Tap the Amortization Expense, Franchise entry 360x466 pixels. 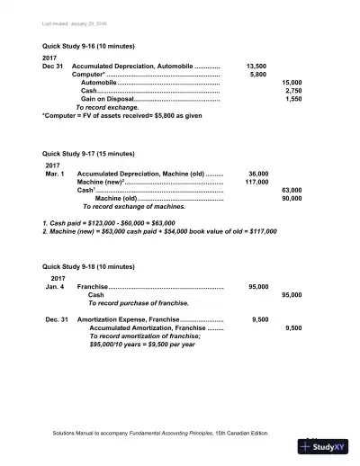point(130,319)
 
